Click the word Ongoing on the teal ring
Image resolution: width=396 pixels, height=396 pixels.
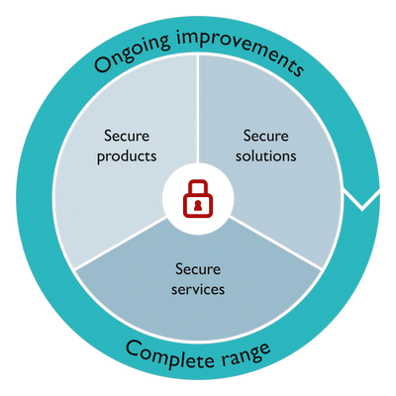[x=132, y=52]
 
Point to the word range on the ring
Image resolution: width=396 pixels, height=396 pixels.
[x=246, y=354]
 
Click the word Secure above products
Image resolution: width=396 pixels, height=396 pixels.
[x=127, y=136]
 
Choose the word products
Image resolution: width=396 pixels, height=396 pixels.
[x=127, y=156]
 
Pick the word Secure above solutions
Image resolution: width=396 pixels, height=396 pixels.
[x=266, y=136]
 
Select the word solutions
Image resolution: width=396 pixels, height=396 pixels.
[x=266, y=155]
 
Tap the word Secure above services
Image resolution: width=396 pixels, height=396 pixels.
[x=198, y=269]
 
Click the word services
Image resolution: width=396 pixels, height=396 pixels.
[x=198, y=289]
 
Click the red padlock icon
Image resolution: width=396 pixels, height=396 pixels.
[x=198, y=198]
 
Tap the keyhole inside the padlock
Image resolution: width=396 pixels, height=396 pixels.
[x=198, y=206]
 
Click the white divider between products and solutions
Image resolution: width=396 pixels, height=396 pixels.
[x=198, y=109]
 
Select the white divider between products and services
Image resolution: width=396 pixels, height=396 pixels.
[x=121, y=243]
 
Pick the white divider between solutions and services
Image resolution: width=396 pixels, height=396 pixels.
[x=275, y=243]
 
